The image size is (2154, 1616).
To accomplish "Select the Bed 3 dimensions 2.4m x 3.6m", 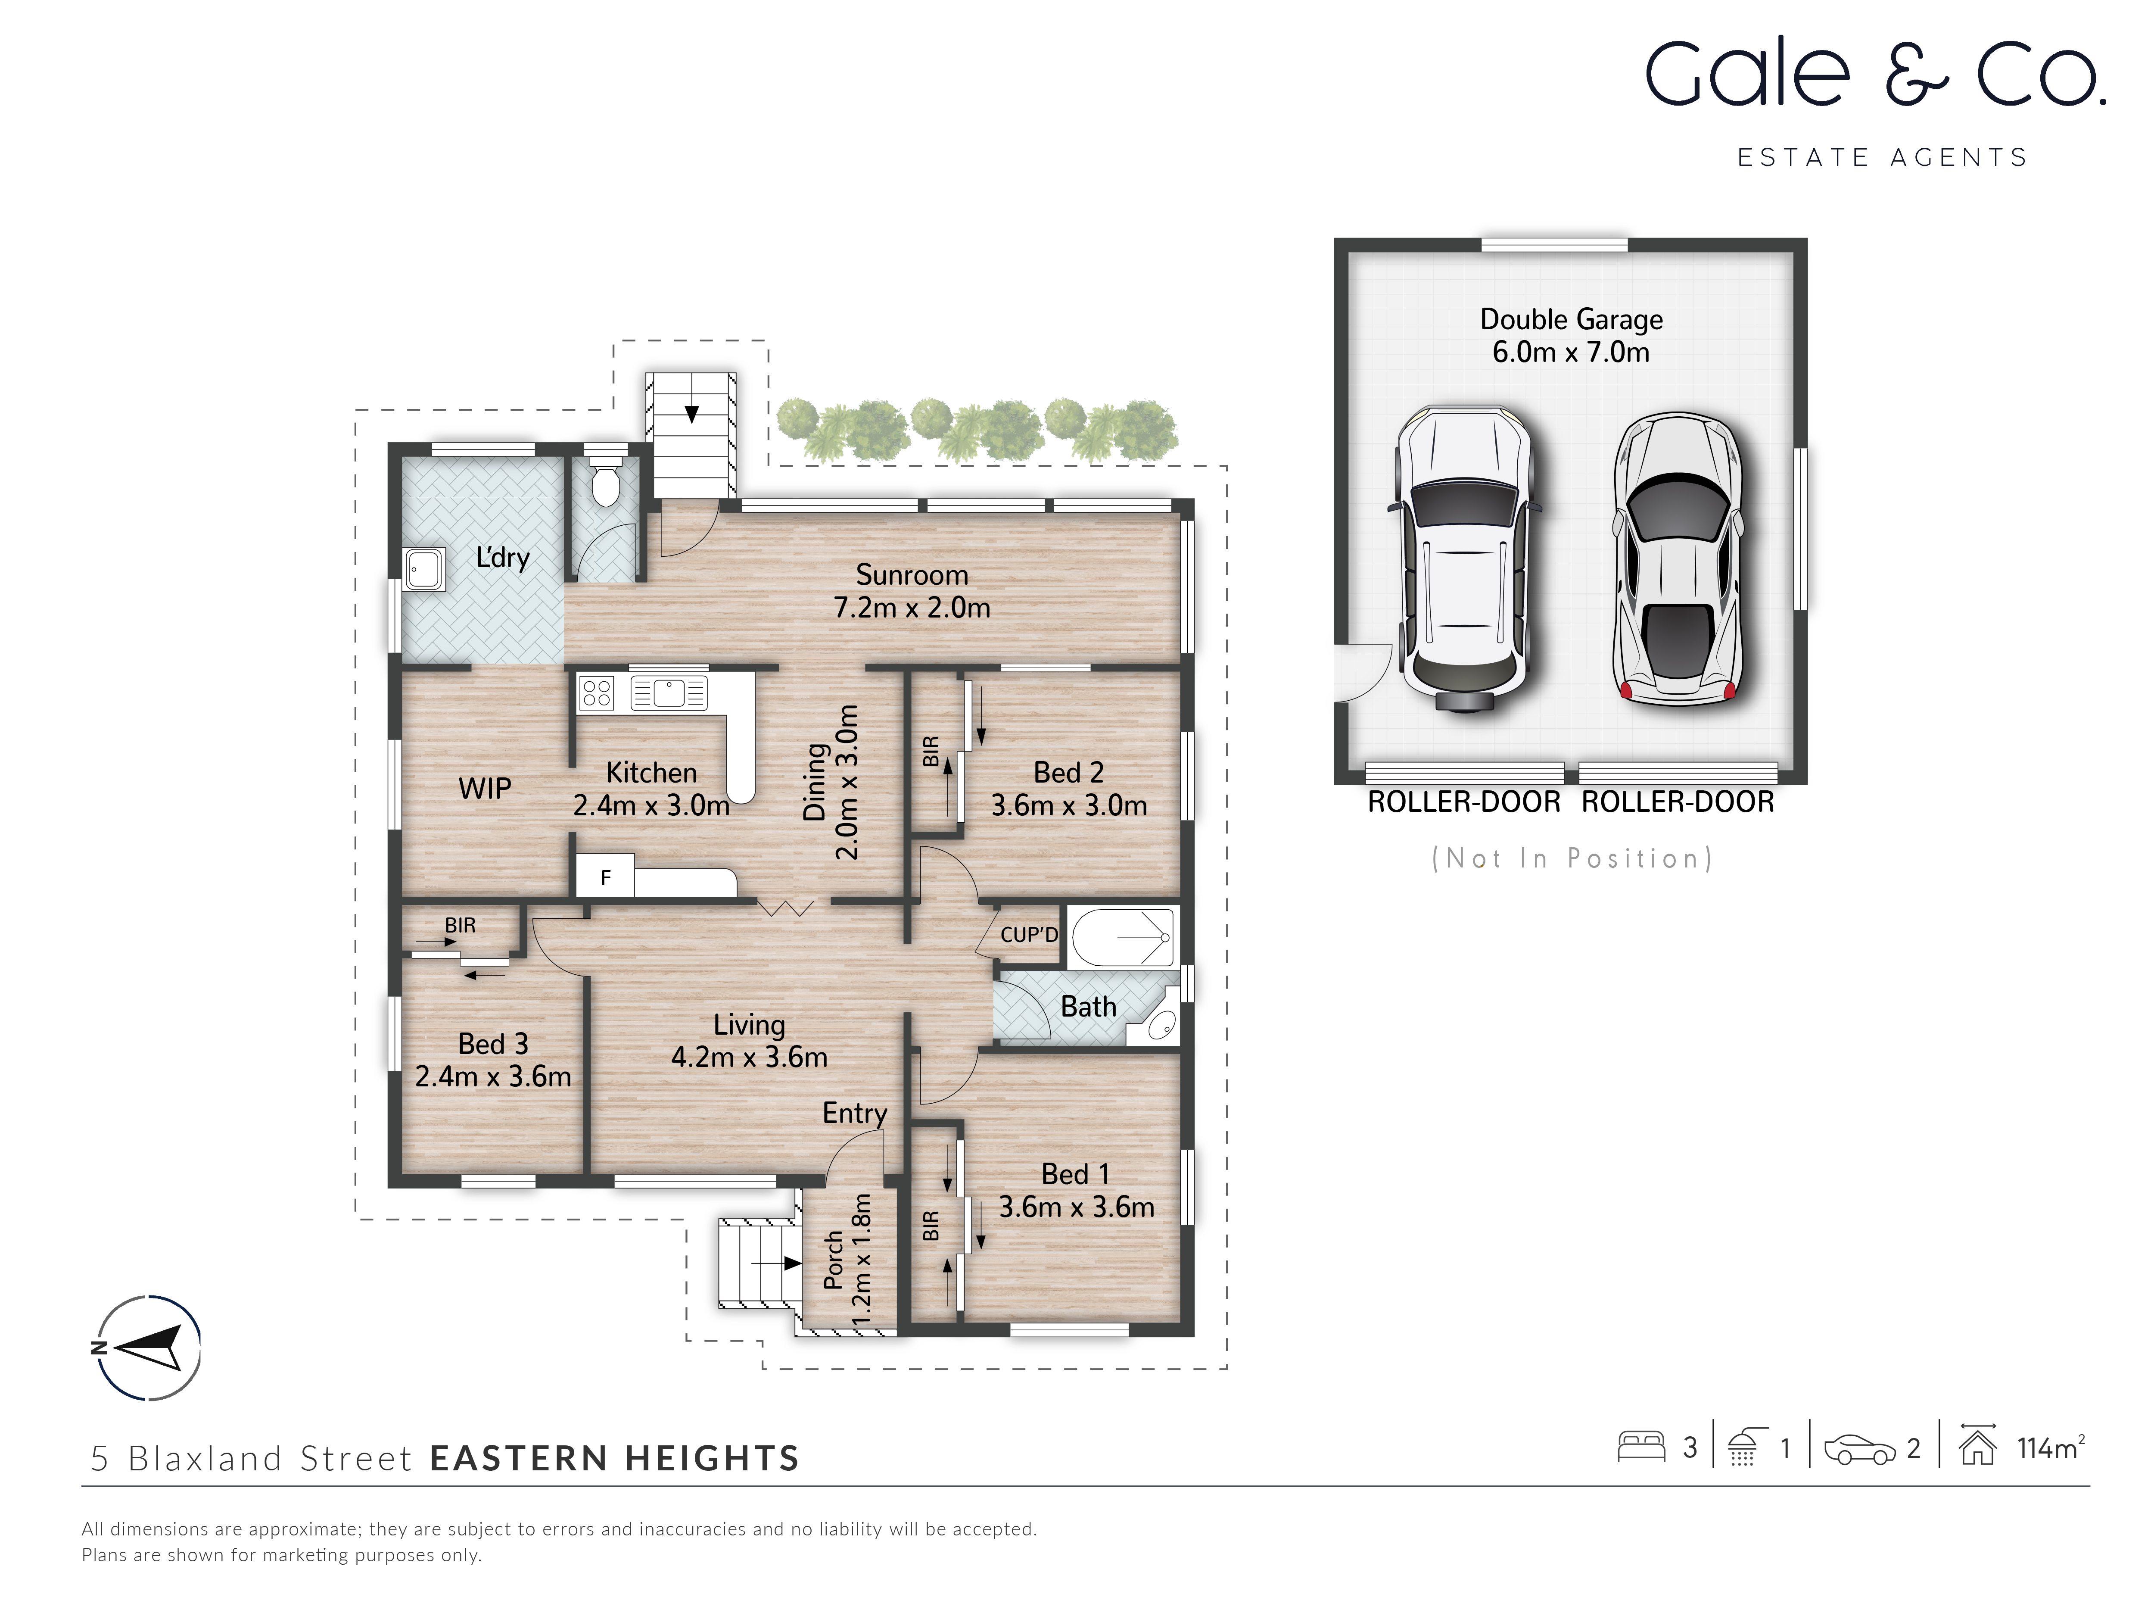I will point(493,1076).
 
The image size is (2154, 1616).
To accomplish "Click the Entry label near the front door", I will point(854,1114).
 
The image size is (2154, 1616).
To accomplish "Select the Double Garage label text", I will point(1571,319).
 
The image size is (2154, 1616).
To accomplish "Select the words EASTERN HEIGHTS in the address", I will point(614,1458).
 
